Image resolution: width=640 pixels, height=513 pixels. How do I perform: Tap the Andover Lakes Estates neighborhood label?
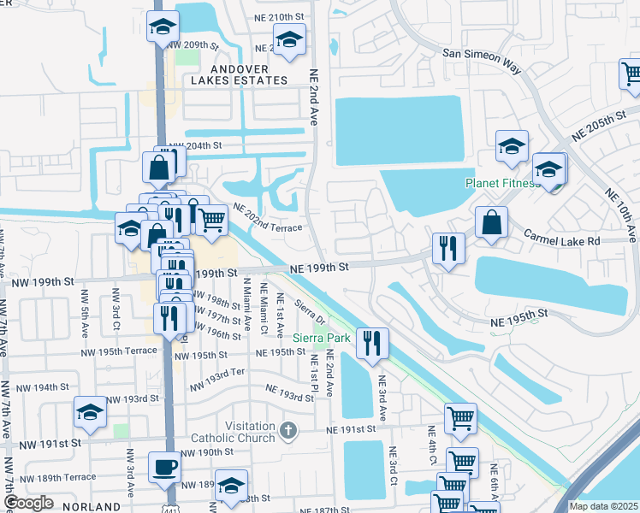239,74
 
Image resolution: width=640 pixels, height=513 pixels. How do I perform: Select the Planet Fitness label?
501,183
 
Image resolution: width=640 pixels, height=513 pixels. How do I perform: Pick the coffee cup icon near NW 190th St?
166,467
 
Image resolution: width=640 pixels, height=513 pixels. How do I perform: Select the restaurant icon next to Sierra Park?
372,342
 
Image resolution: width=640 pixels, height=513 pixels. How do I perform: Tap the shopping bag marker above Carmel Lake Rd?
491,222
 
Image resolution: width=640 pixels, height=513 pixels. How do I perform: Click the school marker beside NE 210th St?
289,39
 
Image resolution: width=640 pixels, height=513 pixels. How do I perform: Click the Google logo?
28,503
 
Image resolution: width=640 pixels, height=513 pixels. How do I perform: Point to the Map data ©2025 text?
603,506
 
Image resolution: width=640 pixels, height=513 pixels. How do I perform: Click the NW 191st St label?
49,443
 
